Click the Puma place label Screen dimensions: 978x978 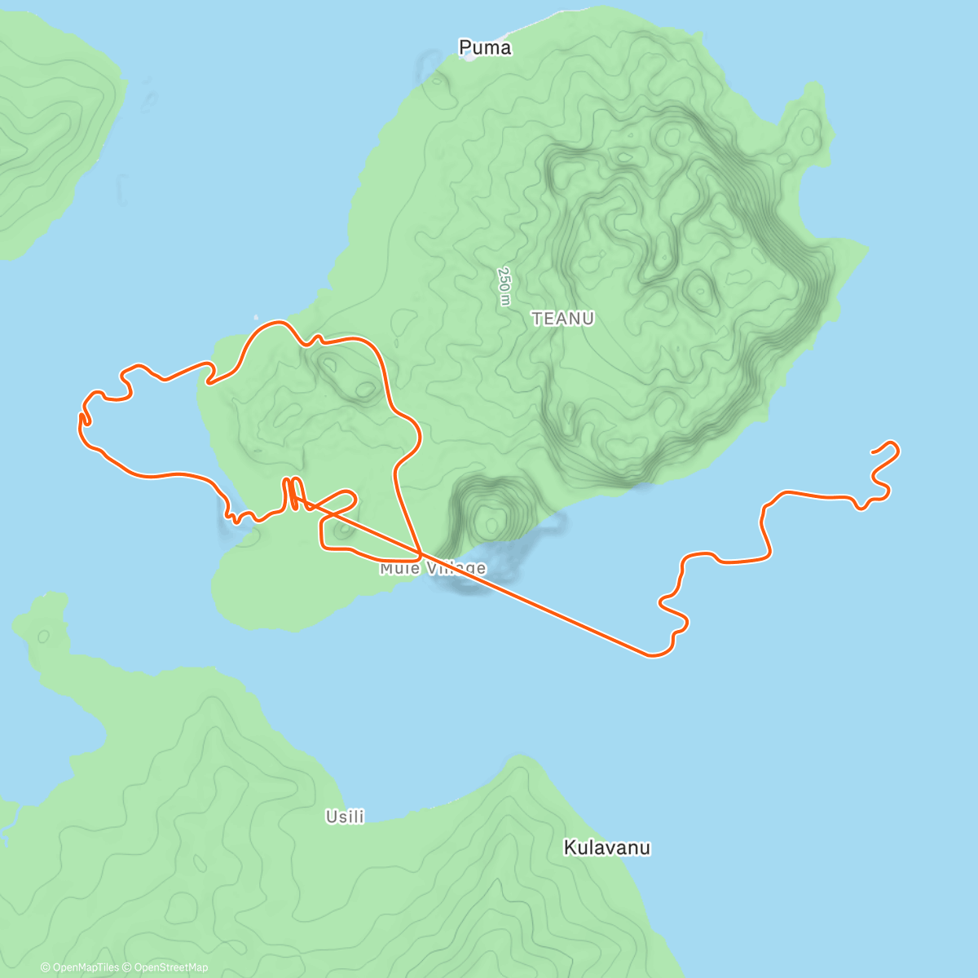[x=485, y=48]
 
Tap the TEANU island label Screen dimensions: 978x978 [x=563, y=319]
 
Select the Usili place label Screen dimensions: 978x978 [x=345, y=816]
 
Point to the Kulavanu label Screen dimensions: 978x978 [x=607, y=848]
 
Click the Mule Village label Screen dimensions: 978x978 [x=433, y=568]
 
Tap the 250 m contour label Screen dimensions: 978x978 [x=504, y=286]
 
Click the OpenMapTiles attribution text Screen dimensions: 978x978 [x=86, y=967]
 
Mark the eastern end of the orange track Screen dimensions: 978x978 [x=873, y=451]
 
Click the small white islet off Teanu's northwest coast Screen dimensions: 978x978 [x=256, y=318]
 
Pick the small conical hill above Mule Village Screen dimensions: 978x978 [x=490, y=515]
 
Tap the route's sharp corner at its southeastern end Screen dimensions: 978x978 [x=652, y=654]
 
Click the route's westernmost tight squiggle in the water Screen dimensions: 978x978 [x=83, y=419]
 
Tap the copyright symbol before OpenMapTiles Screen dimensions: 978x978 [x=45, y=967]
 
